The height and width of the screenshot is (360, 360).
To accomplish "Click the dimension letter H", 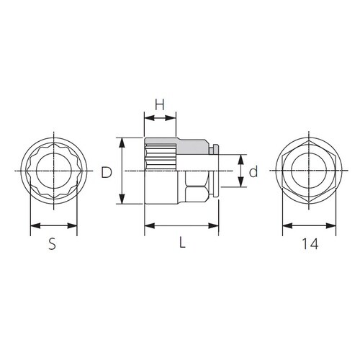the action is tap(159, 104).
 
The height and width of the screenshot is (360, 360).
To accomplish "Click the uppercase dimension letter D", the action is tap(107, 172).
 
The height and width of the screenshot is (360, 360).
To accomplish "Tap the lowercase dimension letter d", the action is tap(253, 171).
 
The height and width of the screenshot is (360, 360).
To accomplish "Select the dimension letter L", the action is tap(183, 242).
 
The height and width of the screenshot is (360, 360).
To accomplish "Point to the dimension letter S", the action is tap(52, 243).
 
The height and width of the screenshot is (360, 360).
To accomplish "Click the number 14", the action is tap(310, 244).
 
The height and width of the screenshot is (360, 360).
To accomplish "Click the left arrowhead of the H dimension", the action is tap(150, 118).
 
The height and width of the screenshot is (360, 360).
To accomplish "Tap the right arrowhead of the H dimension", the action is tap(171, 118).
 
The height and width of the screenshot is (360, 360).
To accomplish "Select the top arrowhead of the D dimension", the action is tap(122, 143).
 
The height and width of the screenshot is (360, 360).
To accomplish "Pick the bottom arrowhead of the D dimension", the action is tap(122, 199).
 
